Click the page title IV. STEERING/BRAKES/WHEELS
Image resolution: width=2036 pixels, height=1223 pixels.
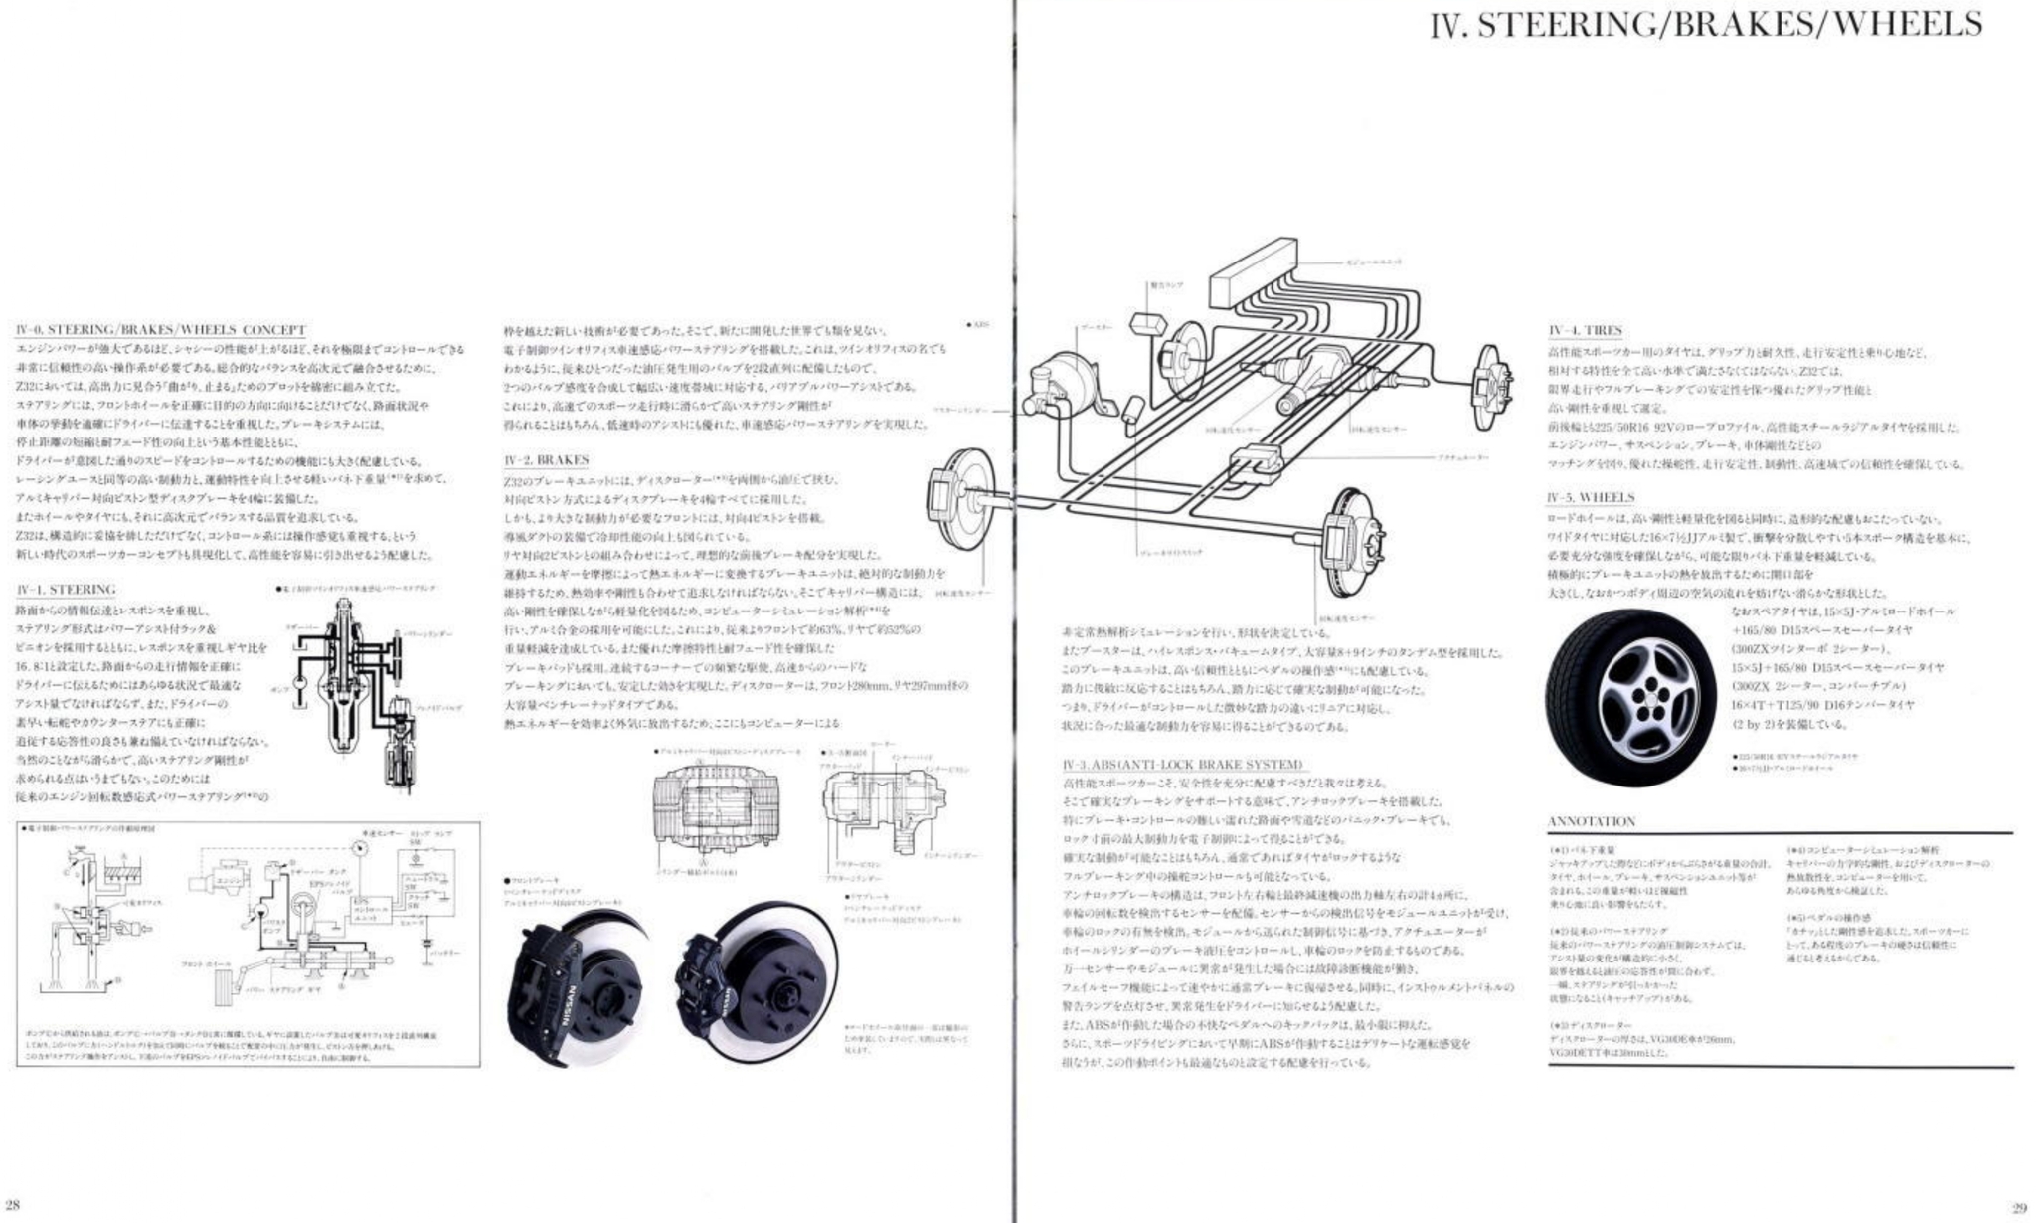pyautogui.click(x=1705, y=25)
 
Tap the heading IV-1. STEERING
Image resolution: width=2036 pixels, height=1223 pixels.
pyautogui.click(x=66, y=590)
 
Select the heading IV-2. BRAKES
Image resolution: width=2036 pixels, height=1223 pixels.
pyautogui.click(x=546, y=461)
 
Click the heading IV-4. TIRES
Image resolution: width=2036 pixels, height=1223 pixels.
pyautogui.click(x=1585, y=330)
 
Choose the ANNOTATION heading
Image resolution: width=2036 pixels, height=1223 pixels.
pyautogui.click(x=1591, y=821)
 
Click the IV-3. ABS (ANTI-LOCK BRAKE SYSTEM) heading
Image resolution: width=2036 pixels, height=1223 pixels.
pyautogui.click(x=1182, y=764)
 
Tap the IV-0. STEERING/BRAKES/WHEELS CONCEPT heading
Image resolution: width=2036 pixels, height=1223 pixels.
pyautogui.click(x=161, y=330)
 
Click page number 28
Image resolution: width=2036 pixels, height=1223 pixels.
pyautogui.click(x=13, y=1207)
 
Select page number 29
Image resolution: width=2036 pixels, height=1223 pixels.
pyautogui.click(x=2018, y=1208)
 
